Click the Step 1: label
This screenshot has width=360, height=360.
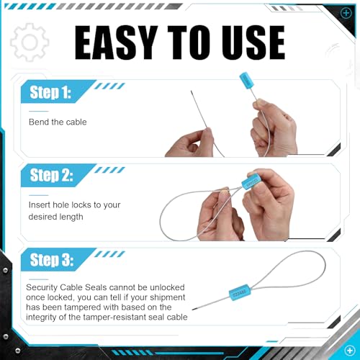(x=50, y=92)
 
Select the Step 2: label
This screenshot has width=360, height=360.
(x=51, y=175)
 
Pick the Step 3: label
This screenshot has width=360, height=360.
(x=51, y=260)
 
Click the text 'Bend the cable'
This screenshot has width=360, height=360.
(x=58, y=122)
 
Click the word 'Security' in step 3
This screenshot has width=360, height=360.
(x=42, y=287)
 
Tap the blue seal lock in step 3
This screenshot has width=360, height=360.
(x=240, y=292)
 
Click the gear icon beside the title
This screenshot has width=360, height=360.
(x=30, y=42)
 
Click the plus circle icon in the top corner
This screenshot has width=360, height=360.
(x=346, y=13)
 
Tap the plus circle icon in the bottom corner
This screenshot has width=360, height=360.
(x=349, y=351)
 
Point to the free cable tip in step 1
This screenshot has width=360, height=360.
(x=192, y=91)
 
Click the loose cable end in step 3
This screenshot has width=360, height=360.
(x=193, y=310)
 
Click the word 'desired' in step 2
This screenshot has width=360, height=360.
(x=42, y=217)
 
